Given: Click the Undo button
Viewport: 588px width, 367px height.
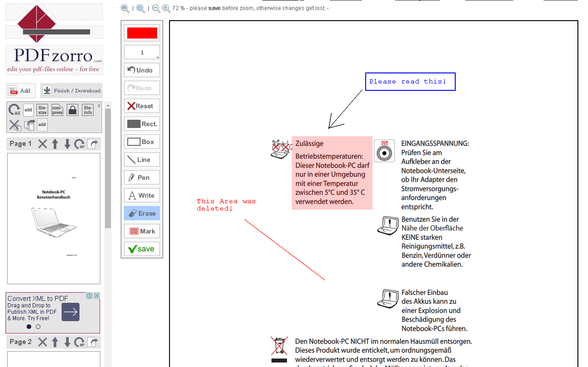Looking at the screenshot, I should coord(142,70).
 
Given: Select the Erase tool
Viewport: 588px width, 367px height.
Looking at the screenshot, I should coord(142,213).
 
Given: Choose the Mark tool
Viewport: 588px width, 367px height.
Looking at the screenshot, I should coord(142,231).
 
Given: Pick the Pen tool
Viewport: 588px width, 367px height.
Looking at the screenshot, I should coord(142,178).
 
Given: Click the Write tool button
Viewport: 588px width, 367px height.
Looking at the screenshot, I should coord(142,195).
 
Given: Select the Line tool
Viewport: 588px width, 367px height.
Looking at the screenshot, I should coord(142,160).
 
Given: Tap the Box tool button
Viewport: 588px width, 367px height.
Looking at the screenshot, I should coord(142,142).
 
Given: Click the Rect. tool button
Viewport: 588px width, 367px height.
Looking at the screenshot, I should coord(142,124).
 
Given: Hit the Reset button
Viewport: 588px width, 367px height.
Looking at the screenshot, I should coord(142,106).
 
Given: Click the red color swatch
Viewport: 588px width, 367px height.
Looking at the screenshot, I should coord(142,33).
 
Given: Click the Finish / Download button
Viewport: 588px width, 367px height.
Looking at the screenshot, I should coord(72,90).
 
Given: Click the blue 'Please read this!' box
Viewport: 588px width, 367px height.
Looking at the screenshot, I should coord(410,82).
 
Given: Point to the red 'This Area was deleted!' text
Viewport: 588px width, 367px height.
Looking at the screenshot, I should coord(226,205).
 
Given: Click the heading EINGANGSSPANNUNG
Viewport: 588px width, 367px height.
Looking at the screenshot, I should coord(435,144).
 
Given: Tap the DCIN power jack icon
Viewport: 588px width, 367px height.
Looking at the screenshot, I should coord(384,151).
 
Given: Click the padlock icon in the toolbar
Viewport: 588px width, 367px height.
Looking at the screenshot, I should coord(72,110).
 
